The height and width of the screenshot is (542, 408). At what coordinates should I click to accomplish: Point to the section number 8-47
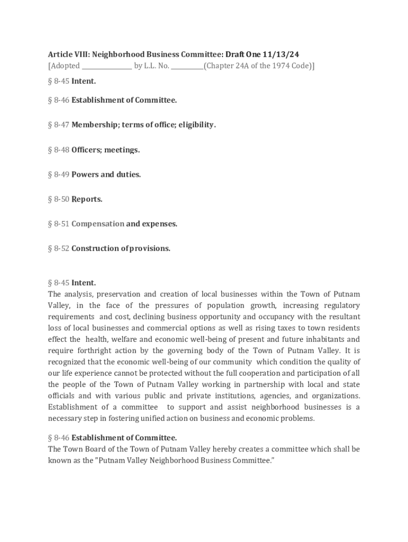click(61, 125)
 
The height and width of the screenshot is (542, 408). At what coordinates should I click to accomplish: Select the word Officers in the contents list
click(86, 150)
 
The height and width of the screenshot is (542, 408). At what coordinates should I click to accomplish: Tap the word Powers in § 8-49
click(85, 174)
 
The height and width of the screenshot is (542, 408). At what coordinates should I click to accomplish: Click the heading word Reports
click(87, 199)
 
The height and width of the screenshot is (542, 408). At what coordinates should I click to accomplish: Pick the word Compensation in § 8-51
click(97, 224)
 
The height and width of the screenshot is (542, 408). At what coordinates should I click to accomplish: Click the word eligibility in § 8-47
click(197, 125)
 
